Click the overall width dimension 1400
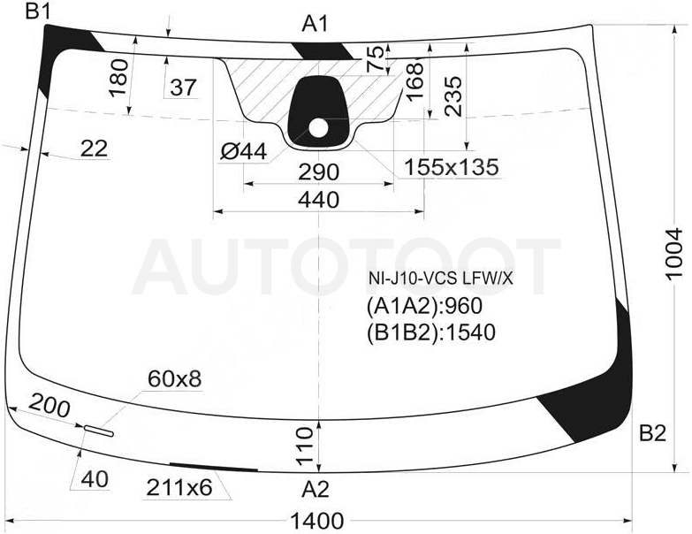click(317, 522)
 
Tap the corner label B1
click(38, 11)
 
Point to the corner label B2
click(653, 434)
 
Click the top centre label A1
click(316, 24)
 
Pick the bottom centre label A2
click(316, 490)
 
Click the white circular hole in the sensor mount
click(318, 128)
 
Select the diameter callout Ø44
click(244, 152)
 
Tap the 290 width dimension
click(318, 172)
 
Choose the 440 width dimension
click(318, 200)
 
